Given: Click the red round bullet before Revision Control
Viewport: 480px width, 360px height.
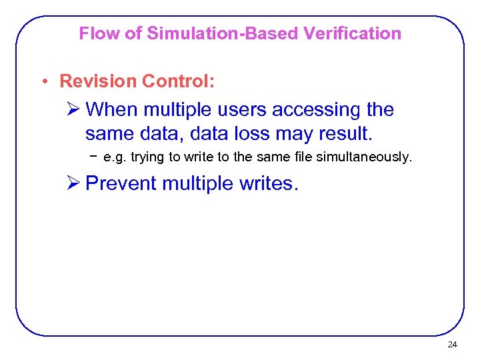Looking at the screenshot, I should pos(44,82).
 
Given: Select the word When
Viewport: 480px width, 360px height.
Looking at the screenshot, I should pos(111,109).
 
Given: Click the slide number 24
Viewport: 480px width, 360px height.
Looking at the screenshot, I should pos(452,345).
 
